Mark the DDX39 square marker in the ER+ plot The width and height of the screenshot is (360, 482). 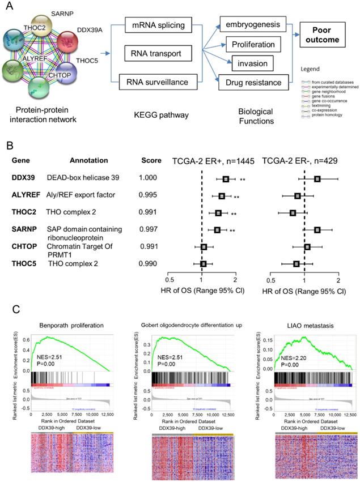(226, 179)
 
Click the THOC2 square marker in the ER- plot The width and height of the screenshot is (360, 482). (293, 213)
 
